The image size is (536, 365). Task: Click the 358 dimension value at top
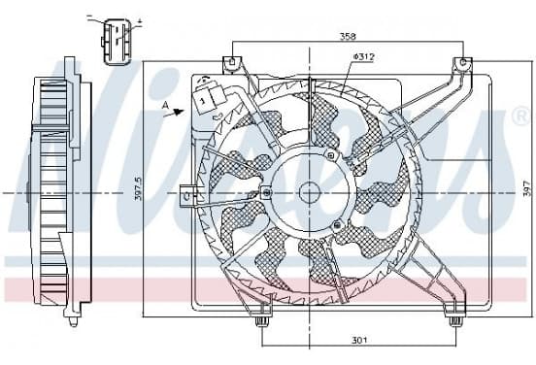pos(348,36)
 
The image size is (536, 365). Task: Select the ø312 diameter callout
pos(363,57)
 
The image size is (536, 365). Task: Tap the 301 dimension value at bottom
pos(359,340)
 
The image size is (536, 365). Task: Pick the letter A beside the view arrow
pos(166,106)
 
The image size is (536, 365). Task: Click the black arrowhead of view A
pos(179,112)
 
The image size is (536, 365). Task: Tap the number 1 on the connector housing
pos(202,101)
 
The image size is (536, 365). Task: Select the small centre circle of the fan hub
pos(310,193)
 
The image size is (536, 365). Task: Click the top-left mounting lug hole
pos(231,62)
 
